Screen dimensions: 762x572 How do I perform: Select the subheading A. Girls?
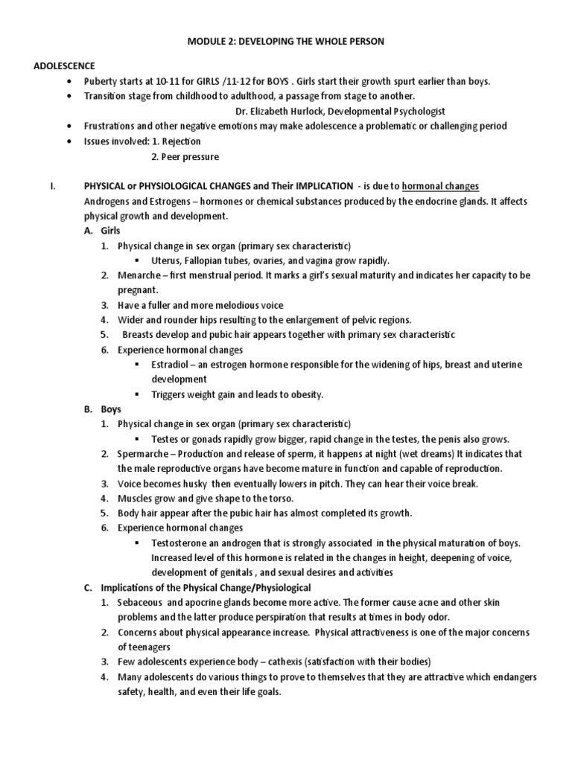105,231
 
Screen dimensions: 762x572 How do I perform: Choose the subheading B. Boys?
105,409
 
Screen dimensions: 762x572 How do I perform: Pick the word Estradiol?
172,364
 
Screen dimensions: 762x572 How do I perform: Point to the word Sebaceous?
142,602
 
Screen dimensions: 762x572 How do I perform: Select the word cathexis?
260,662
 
